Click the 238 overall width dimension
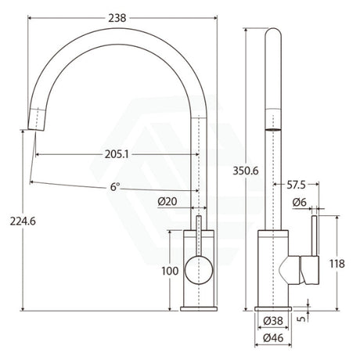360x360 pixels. click(117, 18)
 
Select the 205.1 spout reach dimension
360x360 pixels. click(117, 154)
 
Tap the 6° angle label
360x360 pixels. click(115, 187)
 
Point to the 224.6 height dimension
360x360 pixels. click(23, 221)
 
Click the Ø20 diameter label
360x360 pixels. click(167, 201)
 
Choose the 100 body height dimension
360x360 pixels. click(170, 271)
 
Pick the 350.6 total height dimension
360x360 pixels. click(246, 171)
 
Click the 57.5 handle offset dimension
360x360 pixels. click(296, 185)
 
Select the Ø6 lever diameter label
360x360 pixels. click(300, 202)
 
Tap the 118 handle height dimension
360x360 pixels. click(337, 264)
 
